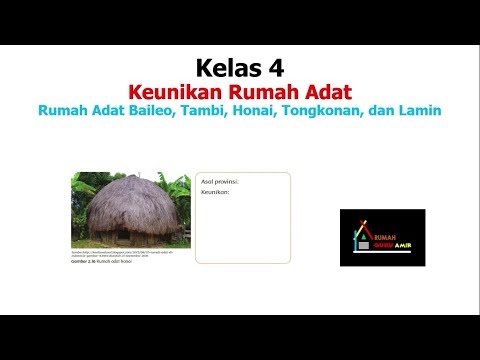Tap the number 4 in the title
[x=275, y=69]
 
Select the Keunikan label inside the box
[x=215, y=192]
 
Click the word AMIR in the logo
[x=402, y=245]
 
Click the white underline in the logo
[x=383, y=252]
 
